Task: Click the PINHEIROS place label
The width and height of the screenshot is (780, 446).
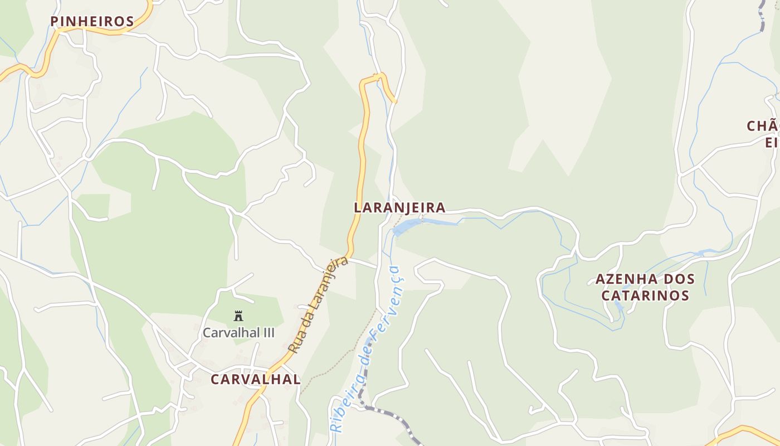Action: pyautogui.click(x=92, y=22)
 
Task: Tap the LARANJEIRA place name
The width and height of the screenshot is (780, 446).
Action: pyautogui.click(x=399, y=208)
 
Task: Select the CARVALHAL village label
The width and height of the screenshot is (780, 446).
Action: pyautogui.click(x=255, y=380)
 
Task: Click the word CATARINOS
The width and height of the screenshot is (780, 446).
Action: pyautogui.click(x=645, y=295)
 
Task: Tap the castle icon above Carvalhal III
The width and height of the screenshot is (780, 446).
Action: pyautogui.click(x=238, y=316)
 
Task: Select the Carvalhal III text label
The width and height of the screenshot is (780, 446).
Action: pyautogui.click(x=238, y=333)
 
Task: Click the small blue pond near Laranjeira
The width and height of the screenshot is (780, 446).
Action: pyautogui.click(x=406, y=226)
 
